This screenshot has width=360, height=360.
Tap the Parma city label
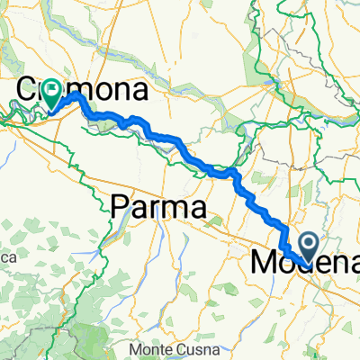(x=158, y=208)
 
